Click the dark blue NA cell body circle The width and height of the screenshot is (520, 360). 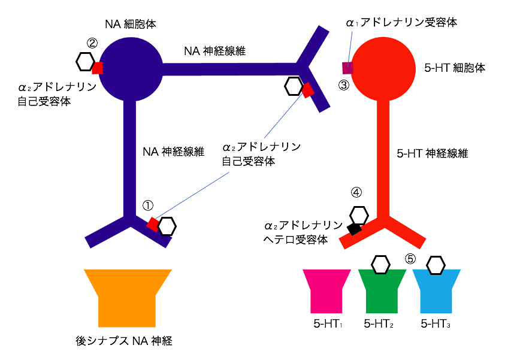coord(131,68)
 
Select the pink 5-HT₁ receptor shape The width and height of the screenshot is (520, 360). coord(326,291)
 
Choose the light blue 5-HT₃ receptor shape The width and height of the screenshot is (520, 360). coord(436,291)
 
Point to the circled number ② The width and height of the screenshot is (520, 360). coord(92,43)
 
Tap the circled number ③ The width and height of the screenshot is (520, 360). coord(343,85)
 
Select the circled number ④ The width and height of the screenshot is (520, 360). coord(356,193)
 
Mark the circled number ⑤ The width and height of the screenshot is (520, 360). coord(410,259)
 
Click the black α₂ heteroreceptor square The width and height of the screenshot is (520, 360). coord(354,228)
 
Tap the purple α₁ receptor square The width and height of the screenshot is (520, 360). coord(347,67)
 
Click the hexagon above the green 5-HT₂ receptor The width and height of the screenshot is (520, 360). coord(381,264)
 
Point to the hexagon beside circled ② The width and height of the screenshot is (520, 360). coord(85,60)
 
